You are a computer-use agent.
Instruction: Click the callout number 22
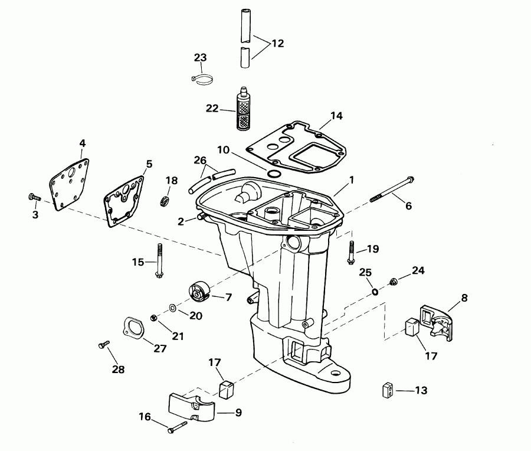point(212,109)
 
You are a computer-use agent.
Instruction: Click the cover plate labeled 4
point(69,181)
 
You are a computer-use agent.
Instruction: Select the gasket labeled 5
point(124,200)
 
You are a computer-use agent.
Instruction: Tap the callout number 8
point(464,298)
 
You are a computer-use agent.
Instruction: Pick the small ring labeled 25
point(375,290)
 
